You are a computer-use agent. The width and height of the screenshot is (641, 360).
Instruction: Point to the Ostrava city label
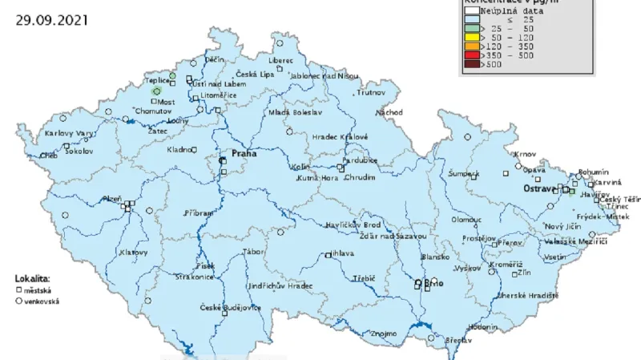pyautogui.click(x=538, y=188)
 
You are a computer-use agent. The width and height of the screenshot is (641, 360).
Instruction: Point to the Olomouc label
pyautogui.click(x=466, y=218)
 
